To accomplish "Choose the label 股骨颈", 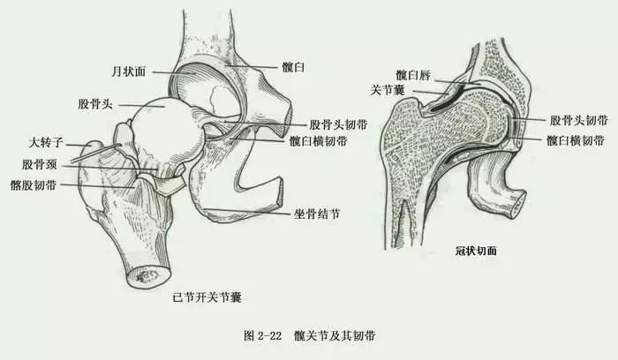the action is pos(41,164).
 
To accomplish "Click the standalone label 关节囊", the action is pos(388,89).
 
